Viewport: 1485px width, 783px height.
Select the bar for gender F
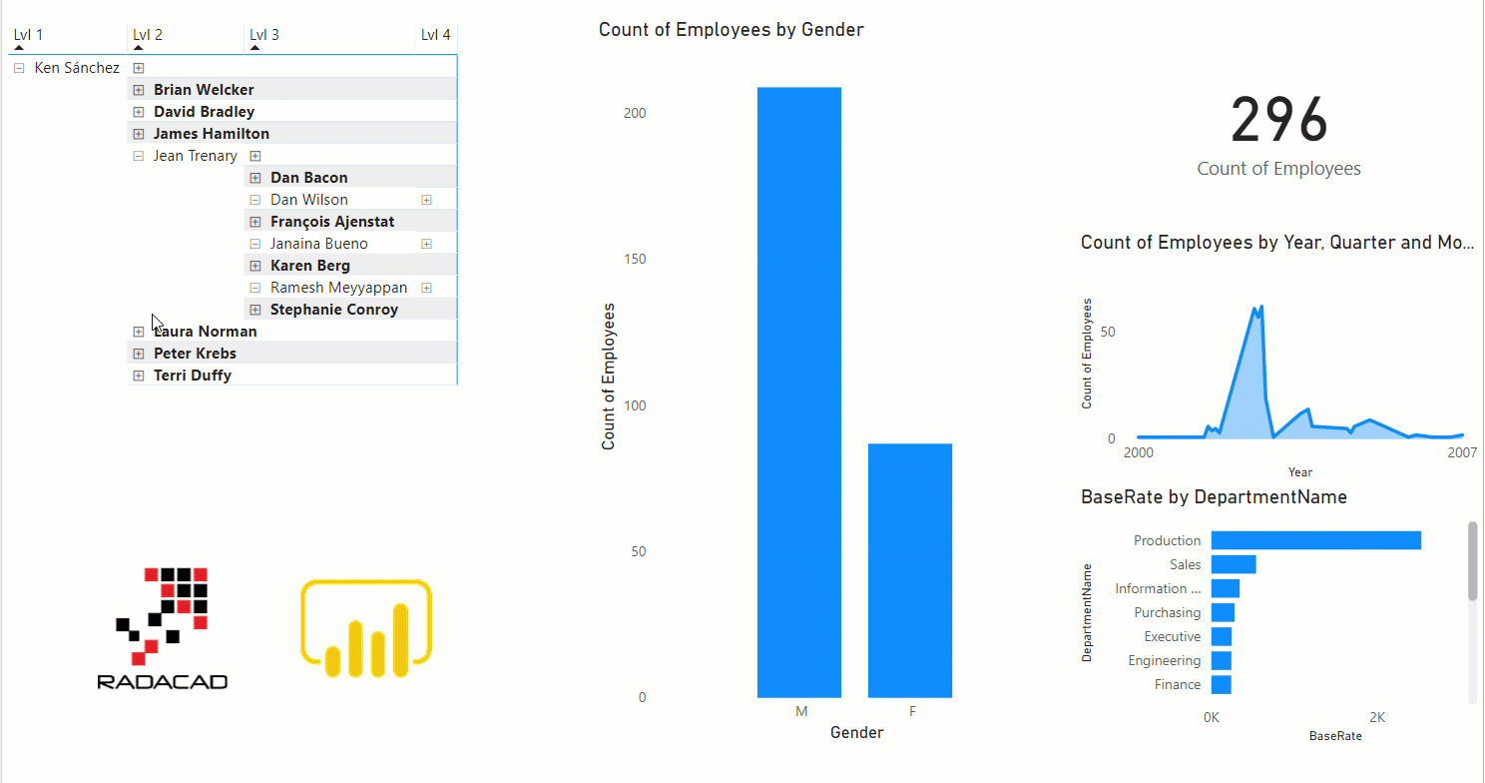pyautogui.click(x=909, y=570)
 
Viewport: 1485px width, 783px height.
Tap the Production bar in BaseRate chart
pyautogui.click(x=1315, y=540)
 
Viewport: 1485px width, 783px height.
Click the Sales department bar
pyautogui.click(x=1233, y=564)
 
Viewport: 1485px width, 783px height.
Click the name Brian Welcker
pyautogui.click(x=204, y=90)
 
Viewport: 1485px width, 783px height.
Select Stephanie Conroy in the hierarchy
pyautogui.click(x=333, y=310)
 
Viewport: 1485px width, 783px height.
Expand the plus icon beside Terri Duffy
pyautogui.click(x=139, y=376)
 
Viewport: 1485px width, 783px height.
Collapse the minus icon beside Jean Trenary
pyautogui.click(x=139, y=156)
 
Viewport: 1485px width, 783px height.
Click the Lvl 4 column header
pyautogui.click(x=435, y=35)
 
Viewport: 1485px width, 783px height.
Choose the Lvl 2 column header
pyautogui.click(x=148, y=35)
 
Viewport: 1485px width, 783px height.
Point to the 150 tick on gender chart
pyautogui.click(x=634, y=260)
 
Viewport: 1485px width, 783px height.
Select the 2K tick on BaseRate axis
pyautogui.click(x=1377, y=717)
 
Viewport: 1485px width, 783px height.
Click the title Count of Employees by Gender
pyautogui.click(x=731, y=30)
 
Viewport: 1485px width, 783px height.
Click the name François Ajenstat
pyautogui.click(x=331, y=222)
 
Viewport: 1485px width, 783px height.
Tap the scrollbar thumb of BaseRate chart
pyautogui.click(x=1472, y=560)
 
